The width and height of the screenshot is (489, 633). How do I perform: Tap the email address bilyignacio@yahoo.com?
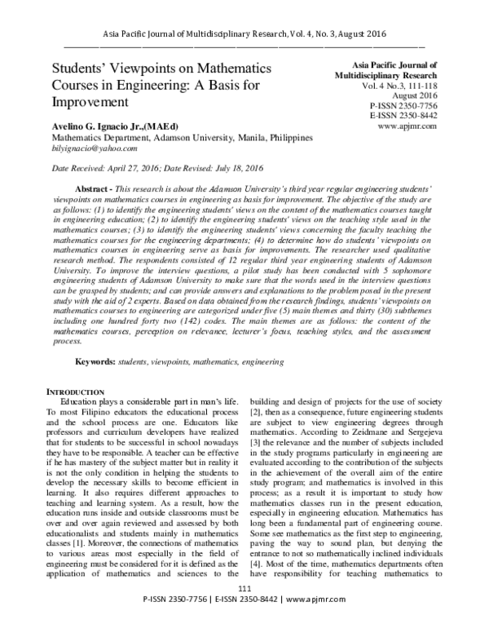95,148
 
